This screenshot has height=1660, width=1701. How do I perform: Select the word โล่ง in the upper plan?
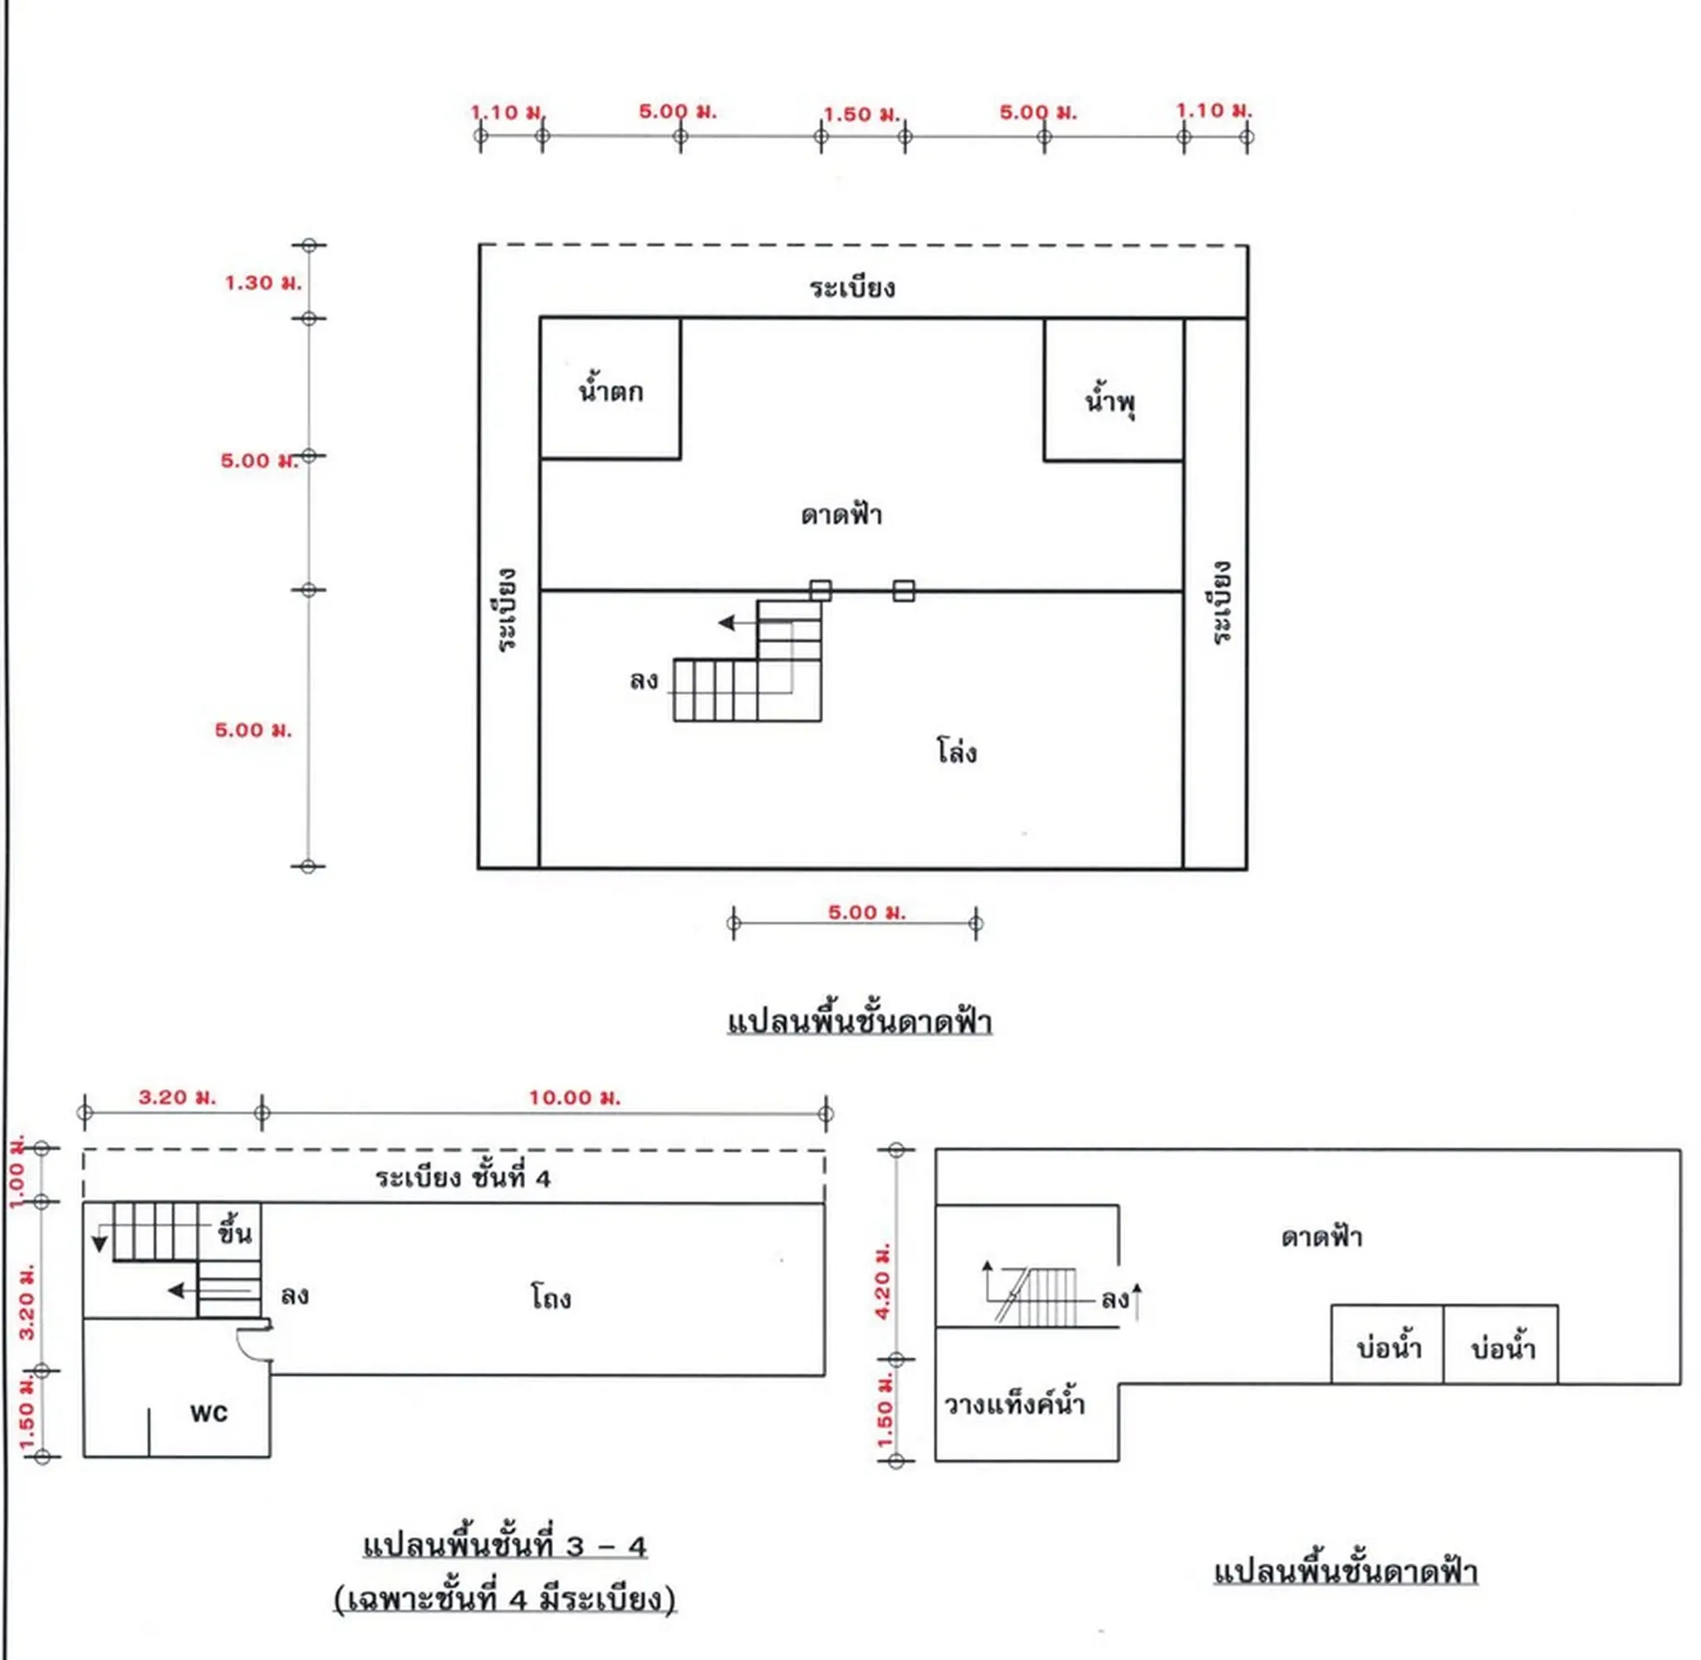tap(956, 750)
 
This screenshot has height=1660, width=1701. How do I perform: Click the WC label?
tap(209, 1413)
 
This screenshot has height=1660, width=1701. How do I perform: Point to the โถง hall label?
tap(551, 1297)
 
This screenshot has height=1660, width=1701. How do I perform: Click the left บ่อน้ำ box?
tap(1387, 1344)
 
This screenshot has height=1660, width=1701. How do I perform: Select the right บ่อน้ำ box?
tap(1500, 1344)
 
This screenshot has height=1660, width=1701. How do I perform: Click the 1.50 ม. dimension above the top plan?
tap(861, 115)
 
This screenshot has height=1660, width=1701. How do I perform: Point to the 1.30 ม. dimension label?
tap(262, 282)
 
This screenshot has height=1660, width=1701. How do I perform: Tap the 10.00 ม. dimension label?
tap(575, 1097)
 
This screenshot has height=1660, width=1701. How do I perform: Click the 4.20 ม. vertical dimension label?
tap(883, 1281)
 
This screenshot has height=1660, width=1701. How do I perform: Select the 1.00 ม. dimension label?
tap(17, 1171)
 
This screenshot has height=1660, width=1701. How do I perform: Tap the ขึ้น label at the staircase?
tap(233, 1232)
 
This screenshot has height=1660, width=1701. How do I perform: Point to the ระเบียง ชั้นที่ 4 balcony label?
tap(463, 1178)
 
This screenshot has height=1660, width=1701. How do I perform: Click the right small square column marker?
tap(904, 591)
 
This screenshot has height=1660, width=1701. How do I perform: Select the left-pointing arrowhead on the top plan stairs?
tap(726, 622)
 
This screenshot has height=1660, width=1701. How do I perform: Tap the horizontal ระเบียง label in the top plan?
tap(851, 287)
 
